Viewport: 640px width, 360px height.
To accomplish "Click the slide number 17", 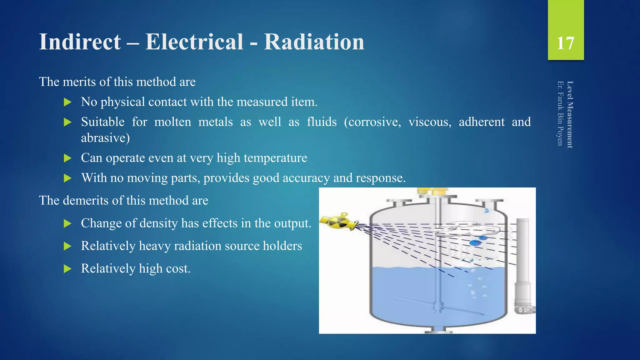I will [565, 43].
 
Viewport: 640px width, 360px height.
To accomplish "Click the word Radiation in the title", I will [314, 42].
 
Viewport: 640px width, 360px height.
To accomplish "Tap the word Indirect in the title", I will [80, 42].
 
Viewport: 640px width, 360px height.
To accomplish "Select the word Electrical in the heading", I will [194, 42].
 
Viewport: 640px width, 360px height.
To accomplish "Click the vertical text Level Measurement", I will [570, 114].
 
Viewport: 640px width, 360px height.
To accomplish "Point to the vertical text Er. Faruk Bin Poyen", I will [560, 113].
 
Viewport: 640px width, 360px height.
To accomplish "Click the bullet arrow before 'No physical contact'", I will [67, 102].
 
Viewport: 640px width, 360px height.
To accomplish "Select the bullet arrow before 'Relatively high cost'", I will [67, 269].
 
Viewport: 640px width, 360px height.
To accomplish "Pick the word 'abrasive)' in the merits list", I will [105, 138].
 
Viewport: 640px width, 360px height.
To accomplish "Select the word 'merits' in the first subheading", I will [79, 82].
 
